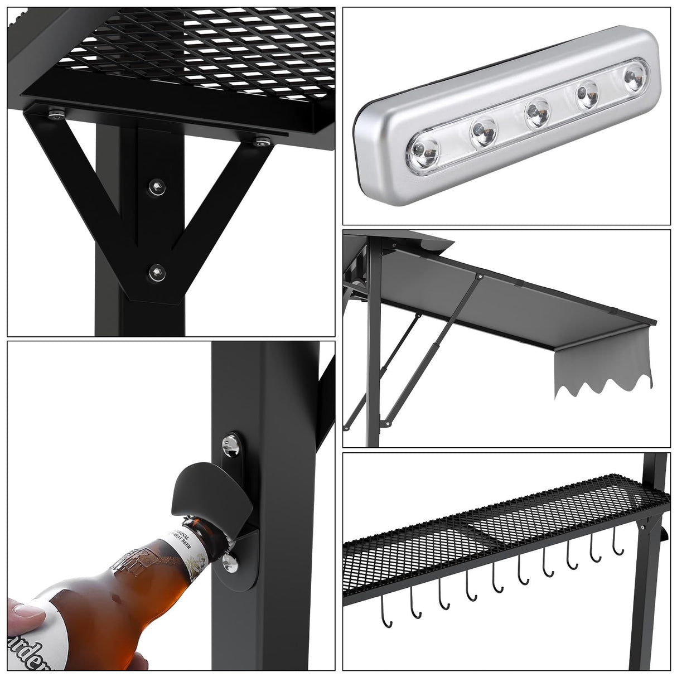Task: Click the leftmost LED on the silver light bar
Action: (425, 150)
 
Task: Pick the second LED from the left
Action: (482, 131)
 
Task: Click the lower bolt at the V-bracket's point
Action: (156, 272)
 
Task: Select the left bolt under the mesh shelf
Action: (55, 115)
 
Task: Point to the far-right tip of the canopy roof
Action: (655, 323)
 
